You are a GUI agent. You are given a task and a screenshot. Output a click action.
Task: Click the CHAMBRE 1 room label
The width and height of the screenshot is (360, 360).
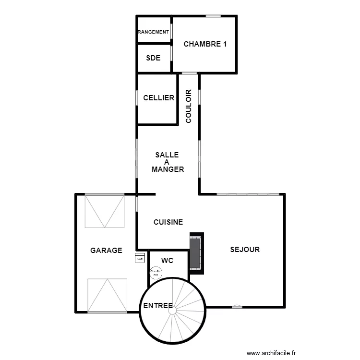[205, 44]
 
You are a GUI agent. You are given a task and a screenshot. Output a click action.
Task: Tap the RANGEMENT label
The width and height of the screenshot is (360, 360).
[154, 32]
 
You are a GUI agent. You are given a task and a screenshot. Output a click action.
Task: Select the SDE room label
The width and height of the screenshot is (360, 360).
[153, 58]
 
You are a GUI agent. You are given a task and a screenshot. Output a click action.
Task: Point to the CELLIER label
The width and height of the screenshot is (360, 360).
[158, 98]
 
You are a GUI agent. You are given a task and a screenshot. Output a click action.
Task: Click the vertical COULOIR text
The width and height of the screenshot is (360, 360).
[189, 106]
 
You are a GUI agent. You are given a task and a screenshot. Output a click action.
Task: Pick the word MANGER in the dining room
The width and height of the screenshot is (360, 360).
[168, 169]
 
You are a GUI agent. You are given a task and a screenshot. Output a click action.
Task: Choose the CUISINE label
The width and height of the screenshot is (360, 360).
[168, 222]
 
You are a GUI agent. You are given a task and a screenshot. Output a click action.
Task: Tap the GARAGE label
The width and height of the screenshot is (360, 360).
[106, 250]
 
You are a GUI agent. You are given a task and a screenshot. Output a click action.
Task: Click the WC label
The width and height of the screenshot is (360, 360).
[167, 261]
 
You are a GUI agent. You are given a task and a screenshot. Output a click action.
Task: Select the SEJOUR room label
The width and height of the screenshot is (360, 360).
[245, 249]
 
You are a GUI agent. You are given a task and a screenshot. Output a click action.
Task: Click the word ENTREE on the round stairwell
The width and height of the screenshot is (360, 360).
[158, 306]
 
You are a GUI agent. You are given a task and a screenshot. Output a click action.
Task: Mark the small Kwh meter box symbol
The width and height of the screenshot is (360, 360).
[140, 259]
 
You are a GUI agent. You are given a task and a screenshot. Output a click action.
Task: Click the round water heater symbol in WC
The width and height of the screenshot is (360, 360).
[156, 273]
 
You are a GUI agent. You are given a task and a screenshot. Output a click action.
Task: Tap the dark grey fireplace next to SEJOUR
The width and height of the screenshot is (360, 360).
[195, 253]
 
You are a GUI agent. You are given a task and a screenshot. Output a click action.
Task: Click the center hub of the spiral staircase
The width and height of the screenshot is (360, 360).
[172, 311]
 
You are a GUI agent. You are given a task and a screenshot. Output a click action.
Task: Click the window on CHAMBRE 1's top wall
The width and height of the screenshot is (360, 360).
[213, 16]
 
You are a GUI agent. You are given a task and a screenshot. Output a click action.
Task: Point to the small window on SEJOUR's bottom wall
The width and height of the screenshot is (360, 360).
[236, 307]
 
